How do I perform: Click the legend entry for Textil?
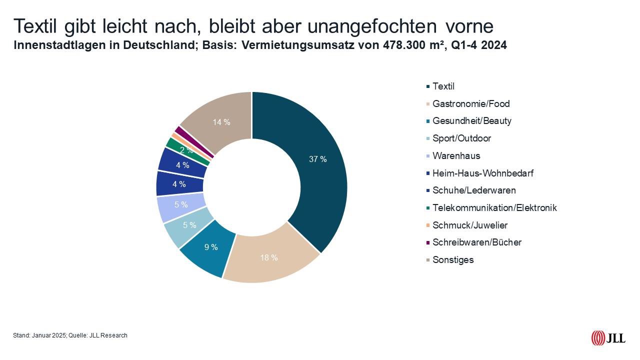[x=443, y=86]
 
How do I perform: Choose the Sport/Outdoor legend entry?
[x=461, y=138]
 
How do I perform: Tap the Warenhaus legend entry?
[x=456, y=156]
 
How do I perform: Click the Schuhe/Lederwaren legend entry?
[x=473, y=190]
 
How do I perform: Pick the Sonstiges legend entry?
[x=452, y=260]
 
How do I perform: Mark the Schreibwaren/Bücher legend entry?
[x=476, y=242]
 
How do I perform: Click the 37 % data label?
[x=318, y=159]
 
